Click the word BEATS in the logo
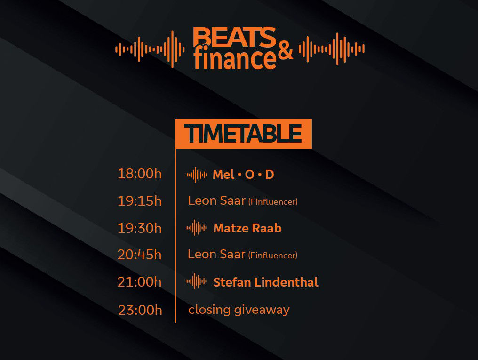point(234,37)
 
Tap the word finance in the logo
point(235,58)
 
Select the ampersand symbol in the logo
point(285,50)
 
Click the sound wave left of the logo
point(150,49)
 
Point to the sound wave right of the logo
point(332,49)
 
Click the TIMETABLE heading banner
point(243,134)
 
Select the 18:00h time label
point(140,174)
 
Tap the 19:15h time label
point(140,201)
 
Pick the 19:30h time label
point(140,228)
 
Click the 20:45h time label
point(139,255)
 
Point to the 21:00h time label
point(139,282)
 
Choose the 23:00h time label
point(140,310)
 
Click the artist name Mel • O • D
point(243,175)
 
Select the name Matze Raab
point(247,228)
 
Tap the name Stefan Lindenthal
point(266,282)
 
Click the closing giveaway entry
point(239,310)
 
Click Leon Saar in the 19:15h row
point(217,200)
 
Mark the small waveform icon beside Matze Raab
point(197,228)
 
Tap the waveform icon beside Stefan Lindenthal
point(197,281)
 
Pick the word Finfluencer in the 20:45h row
point(273,256)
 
